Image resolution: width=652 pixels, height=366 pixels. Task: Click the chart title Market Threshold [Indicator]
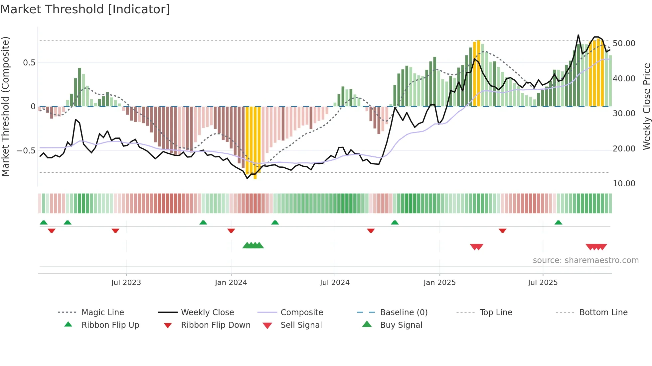tap(85, 9)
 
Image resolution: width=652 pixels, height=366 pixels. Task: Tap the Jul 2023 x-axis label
tap(126, 283)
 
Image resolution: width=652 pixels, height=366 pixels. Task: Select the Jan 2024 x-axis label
tap(231, 283)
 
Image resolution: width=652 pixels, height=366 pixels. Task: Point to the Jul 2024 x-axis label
tap(335, 283)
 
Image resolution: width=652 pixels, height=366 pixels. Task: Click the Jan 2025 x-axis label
tap(439, 283)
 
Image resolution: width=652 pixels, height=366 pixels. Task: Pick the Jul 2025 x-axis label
tap(543, 283)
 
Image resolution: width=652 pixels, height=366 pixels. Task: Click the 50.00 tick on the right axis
tap(624, 44)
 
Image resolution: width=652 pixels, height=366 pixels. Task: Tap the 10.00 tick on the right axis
tap(624, 184)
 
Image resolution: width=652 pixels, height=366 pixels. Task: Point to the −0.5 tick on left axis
tap(26, 151)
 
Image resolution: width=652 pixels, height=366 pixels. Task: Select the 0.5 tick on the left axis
tap(29, 63)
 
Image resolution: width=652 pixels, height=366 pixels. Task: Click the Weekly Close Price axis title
tap(646, 106)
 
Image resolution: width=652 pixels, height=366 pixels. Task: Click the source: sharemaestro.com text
tap(585, 260)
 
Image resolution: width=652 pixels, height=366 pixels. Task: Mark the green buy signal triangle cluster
tap(253, 246)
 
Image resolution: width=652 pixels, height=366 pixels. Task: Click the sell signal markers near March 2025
tap(476, 247)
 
